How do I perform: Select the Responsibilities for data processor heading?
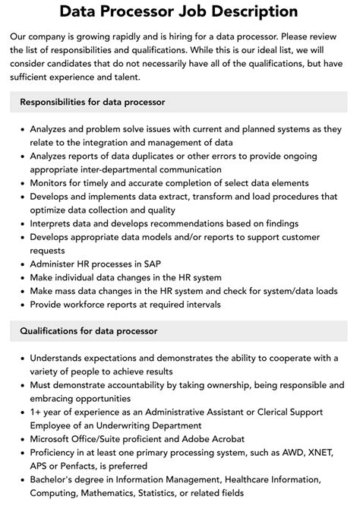coord(93,102)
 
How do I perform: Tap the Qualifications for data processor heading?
coord(88,330)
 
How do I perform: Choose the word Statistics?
coord(188,494)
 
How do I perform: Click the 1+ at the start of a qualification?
coord(36,412)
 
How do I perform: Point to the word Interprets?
coord(55,223)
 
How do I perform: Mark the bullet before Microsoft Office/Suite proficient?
coord(22,440)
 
